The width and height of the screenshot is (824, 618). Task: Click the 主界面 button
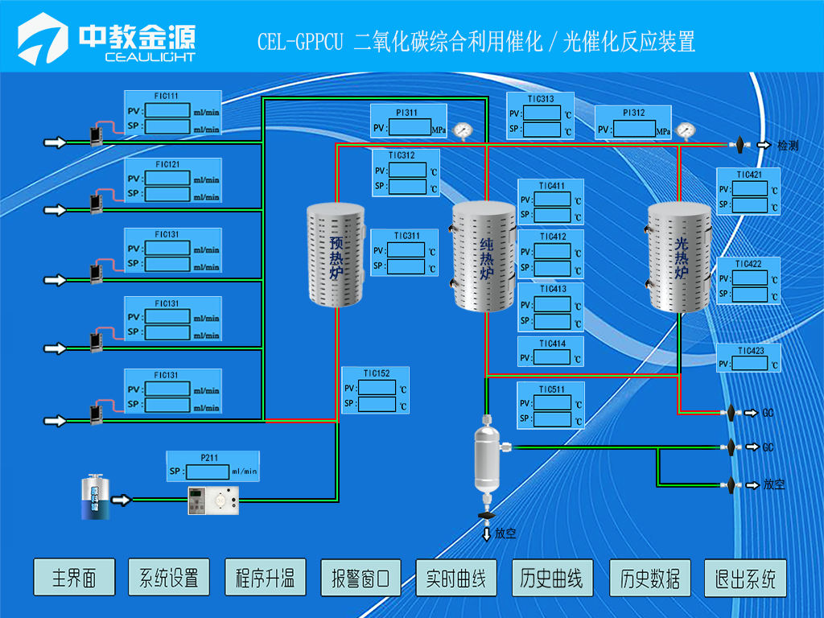tap(74, 578)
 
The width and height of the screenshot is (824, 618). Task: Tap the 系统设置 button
tap(169, 578)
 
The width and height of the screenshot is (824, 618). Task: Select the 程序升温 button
tap(265, 578)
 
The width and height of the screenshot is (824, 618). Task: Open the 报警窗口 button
tap(360, 578)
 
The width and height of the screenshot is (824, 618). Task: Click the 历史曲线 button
tap(552, 578)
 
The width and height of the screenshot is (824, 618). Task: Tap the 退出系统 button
tap(745, 578)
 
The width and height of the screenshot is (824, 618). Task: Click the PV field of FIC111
tap(167, 110)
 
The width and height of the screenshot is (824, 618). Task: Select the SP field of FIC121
tap(167, 194)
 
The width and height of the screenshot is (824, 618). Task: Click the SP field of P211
tap(205, 472)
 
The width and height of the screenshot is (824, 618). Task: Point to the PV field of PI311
tap(410, 128)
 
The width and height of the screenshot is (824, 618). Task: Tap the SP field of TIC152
tap(377, 404)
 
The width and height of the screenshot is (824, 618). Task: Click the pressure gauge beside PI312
tap(685, 130)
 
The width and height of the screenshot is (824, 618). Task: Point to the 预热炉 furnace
tap(336, 255)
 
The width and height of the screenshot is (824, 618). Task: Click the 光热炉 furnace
tap(681, 257)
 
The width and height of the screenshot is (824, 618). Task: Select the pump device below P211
tap(214, 501)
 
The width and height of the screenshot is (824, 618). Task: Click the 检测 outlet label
tap(787, 146)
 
